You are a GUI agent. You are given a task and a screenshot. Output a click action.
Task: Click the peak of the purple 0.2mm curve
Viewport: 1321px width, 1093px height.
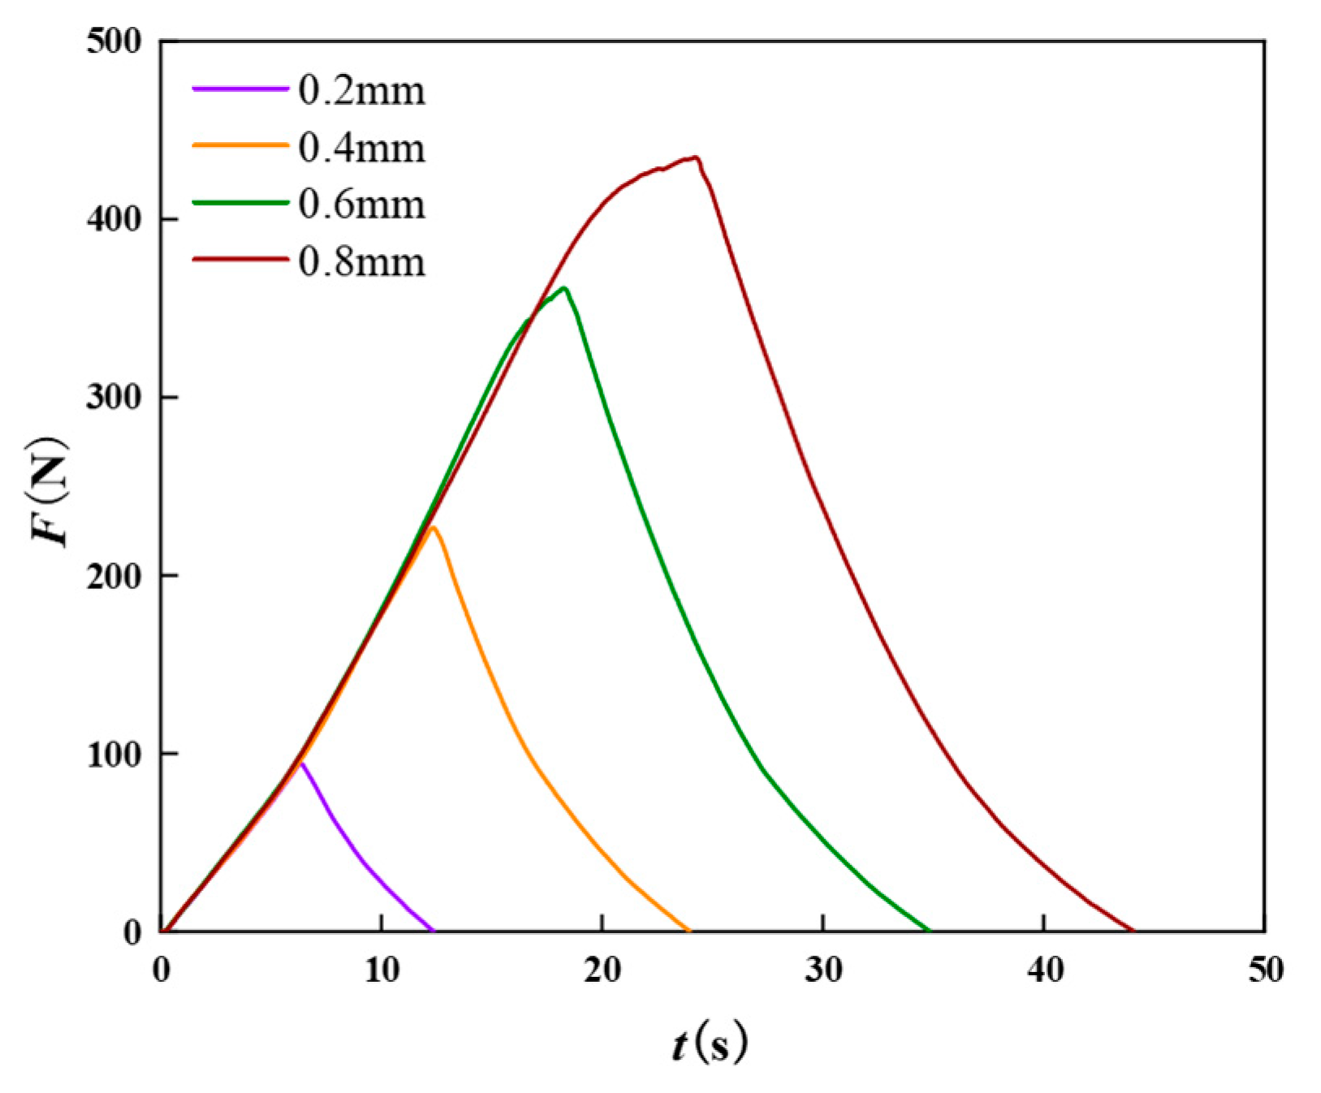(301, 764)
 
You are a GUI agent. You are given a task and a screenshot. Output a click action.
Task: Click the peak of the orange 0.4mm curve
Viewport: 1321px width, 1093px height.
(433, 528)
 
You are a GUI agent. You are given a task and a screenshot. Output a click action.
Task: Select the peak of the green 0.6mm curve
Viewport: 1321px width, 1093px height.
(564, 288)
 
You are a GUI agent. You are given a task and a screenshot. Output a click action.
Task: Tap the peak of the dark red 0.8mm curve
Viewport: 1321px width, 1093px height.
(696, 157)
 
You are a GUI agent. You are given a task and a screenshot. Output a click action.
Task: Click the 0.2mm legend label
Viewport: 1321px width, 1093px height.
(361, 91)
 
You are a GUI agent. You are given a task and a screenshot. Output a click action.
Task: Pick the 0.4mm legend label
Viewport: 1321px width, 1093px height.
(361, 148)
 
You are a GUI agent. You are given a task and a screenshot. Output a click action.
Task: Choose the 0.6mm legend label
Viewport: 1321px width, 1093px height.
(361, 204)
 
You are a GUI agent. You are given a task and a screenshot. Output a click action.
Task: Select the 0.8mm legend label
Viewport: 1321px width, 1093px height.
(361, 262)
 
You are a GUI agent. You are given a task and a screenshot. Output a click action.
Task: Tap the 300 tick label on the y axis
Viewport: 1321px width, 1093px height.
(114, 398)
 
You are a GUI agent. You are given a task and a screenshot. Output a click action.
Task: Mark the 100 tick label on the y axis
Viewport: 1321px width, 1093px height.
(114, 754)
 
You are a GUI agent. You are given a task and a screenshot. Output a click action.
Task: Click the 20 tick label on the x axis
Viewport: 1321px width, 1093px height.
(602, 970)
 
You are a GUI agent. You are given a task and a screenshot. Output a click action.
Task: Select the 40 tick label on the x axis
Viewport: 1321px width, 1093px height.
(1044, 970)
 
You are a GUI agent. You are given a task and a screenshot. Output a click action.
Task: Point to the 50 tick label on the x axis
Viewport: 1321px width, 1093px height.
(1264, 970)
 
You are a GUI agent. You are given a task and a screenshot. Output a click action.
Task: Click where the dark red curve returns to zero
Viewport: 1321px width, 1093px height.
(1133, 930)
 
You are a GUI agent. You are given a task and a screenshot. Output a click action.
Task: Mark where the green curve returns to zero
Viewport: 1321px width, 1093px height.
(929, 930)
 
